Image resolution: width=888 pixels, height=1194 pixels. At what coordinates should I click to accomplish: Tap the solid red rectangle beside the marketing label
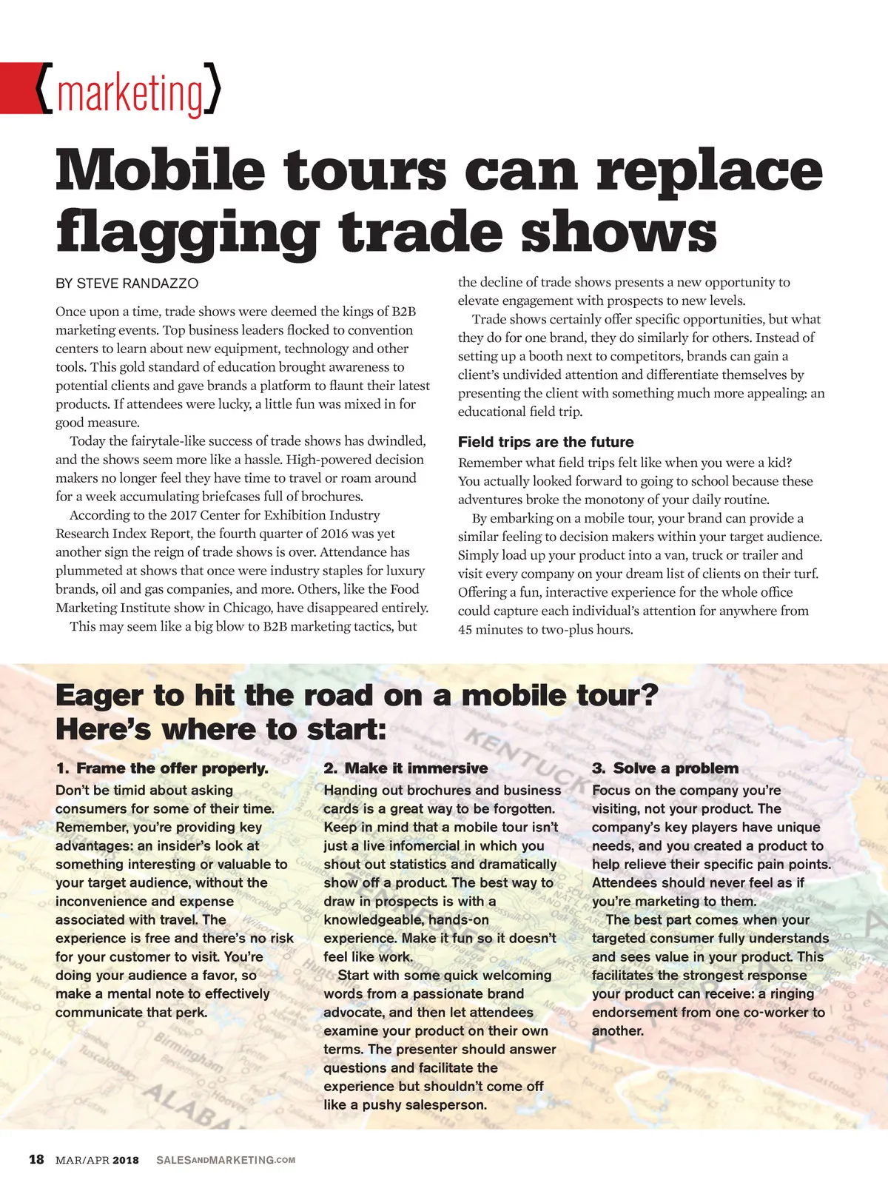17,88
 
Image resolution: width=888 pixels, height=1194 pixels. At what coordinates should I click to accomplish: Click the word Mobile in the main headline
160,170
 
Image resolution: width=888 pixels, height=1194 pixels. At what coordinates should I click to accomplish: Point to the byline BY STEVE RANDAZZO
127,284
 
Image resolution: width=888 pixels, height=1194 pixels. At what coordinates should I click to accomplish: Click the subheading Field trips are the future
545,442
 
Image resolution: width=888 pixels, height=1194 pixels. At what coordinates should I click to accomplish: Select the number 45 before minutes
465,630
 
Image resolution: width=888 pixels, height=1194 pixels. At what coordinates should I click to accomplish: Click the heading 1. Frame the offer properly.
162,768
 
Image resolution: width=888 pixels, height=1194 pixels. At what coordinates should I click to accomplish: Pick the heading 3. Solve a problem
665,768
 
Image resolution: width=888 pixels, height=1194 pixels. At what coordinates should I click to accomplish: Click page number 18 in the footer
36,1159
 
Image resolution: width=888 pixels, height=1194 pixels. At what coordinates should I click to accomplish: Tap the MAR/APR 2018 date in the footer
97,1160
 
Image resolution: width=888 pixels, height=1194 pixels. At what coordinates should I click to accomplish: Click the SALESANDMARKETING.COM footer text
226,1160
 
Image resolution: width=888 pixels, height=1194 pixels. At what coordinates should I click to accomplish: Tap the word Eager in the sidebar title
100,696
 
